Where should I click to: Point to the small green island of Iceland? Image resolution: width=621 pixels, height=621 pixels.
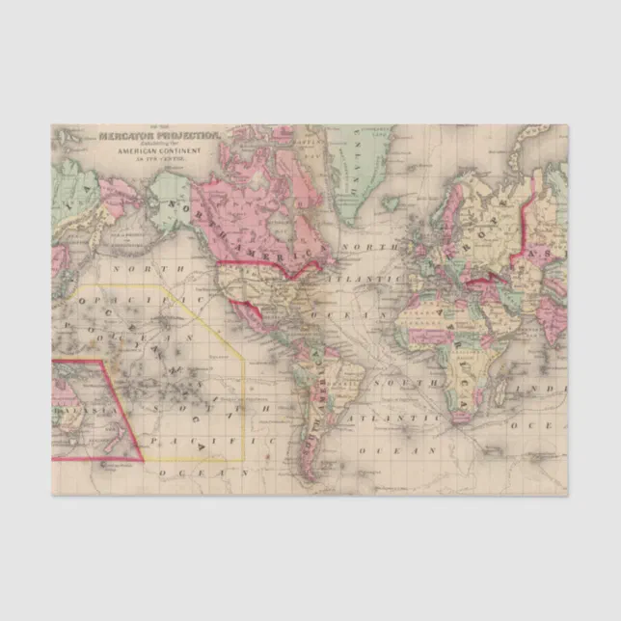click(x=390, y=203)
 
